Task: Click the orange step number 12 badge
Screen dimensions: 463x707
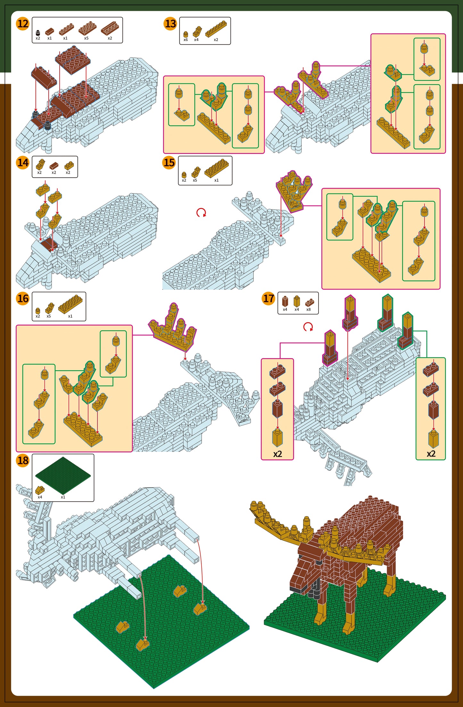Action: pyautogui.click(x=23, y=24)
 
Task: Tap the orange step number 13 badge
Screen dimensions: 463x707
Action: pyautogui.click(x=170, y=24)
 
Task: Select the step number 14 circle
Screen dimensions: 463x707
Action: pyautogui.click(x=23, y=163)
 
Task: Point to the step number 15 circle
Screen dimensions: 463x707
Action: pyautogui.click(x=169, y=163)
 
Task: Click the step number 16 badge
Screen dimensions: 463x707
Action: pyautogui.click(x=23, y=298)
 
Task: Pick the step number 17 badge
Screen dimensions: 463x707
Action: pyautogui.click(x=269, y=298)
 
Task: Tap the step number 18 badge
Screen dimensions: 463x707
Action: pyautogui.click(x=23, y=461)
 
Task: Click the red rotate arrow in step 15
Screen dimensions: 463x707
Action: pyautogui.click(x=201, y=212)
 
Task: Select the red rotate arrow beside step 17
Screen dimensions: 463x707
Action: pyautogui.click(x=308, y=327)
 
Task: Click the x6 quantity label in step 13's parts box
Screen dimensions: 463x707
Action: pyautogui.click(x=186, y=40)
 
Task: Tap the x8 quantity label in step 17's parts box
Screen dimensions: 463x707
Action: pyautogui.click(x=308, y=309)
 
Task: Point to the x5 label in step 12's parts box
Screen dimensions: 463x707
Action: pyautogui.click(x=86, y=38)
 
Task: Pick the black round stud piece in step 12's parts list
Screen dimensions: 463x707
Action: pyautogui.click(x=38, y=32)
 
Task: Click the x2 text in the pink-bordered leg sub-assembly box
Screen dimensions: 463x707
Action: pyautogui.click(x=277, y=454)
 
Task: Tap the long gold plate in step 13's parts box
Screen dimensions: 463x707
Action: pyautogui.click(x=216, y=29)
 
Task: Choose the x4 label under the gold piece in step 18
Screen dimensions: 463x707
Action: pyautogui.click(x=40, y=497)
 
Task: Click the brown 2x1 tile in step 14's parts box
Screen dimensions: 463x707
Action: pyautogui.click(x=54, y=166)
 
